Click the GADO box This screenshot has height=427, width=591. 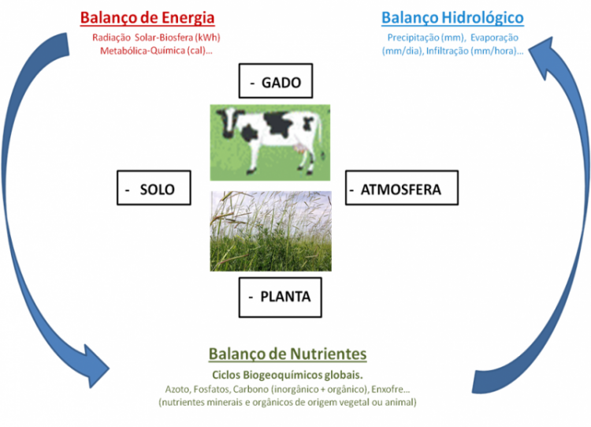coord(276,81)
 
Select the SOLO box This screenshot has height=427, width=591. coord(154,188)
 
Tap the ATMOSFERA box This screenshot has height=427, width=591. coord(402,188)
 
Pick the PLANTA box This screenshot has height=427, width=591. coord(280,297)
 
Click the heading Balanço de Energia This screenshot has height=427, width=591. coord(147,17)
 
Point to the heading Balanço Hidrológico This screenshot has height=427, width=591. coord(452,17)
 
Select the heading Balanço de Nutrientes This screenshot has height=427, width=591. coord(288,354)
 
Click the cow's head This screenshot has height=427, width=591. coord(228,122)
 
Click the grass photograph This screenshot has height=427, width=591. coord(270,231)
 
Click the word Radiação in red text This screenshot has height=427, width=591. coord(112,38)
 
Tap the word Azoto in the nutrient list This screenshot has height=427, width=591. coord(177,389)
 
